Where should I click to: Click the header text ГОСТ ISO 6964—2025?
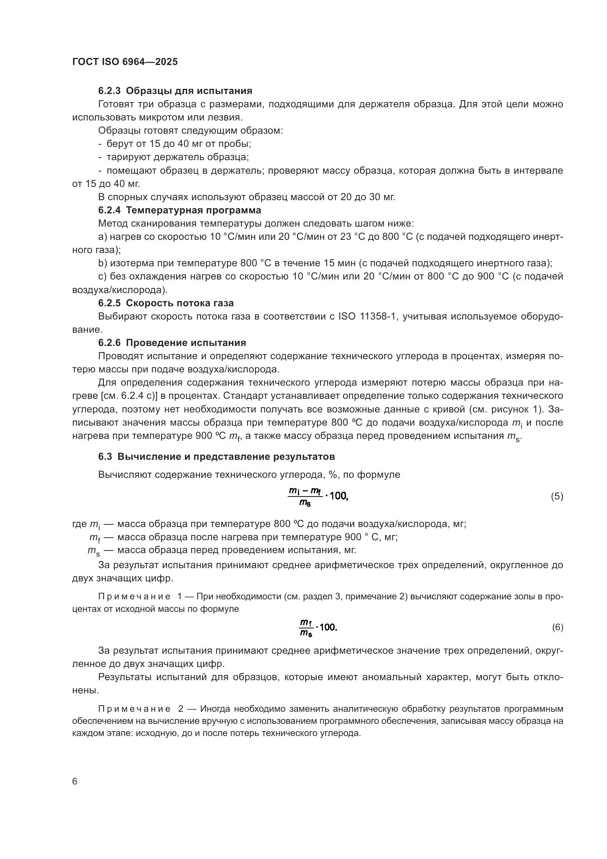[x=125, y=62]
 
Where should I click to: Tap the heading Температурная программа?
[x=193, y=210]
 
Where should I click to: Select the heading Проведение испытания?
[x=186, y=343]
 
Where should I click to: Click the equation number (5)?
[x=557, y=497]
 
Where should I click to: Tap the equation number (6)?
[x=557, y=627]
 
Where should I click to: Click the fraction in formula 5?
[x=305, y=497]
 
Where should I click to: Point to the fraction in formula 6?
[x=305, y=627]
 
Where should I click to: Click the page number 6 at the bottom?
[x=75, y=782]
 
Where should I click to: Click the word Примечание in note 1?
[x=134, y=596]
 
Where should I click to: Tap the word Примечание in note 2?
[x=134, y=709]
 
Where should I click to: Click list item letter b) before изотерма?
[x=102, y=263]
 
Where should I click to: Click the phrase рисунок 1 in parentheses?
[x=521, y=409]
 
